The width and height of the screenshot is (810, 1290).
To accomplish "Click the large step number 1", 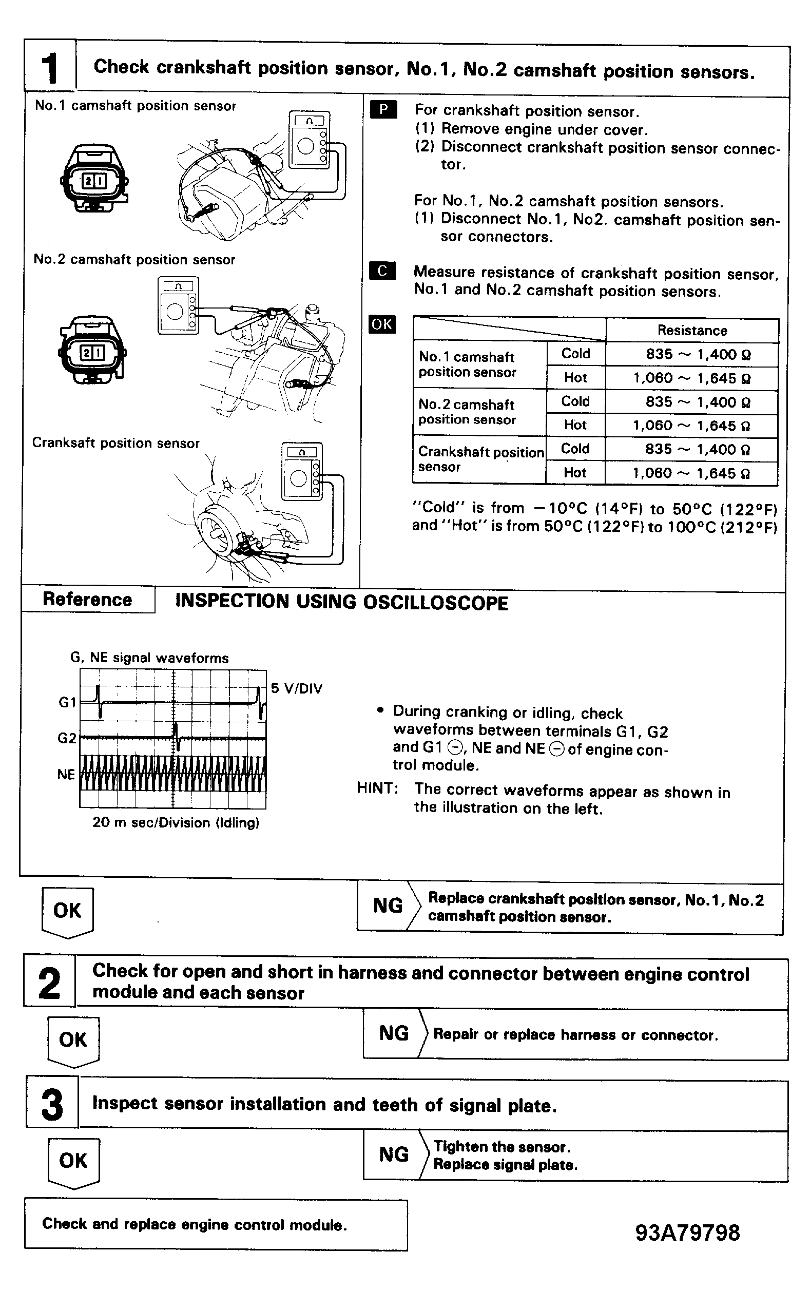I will click(49, 68).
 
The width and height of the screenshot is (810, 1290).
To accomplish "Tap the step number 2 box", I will click(49, 983).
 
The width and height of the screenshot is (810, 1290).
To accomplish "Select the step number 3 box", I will click(52, 1104).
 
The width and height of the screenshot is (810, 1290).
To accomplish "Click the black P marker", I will click(383, 110).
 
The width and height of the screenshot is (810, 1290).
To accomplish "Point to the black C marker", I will click(382, 271).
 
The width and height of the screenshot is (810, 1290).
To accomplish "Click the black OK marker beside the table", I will click(382, 324).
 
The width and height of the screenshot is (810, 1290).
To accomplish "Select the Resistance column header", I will click(692, 331).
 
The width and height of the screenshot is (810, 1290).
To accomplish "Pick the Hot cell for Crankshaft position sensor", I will click(575, 472).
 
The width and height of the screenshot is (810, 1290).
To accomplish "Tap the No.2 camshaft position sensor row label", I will click(467, 412).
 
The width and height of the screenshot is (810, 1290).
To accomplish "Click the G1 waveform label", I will click(68, 702).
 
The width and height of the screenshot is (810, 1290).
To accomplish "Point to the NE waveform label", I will click(66, 775).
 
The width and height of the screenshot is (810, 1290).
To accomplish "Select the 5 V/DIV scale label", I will click(297, 688).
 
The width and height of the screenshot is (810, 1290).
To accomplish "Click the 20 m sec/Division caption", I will click(176, 822).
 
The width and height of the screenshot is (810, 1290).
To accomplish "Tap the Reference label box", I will click(87, 600).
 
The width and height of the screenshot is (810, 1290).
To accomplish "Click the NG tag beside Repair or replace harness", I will click(394, 1033).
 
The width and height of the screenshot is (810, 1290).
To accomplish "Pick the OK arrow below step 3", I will click(73, 1162).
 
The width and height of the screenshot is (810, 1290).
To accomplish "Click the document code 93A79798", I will click(688, 1233).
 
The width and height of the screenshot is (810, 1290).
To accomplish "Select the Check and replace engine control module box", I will click(216, 1225).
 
